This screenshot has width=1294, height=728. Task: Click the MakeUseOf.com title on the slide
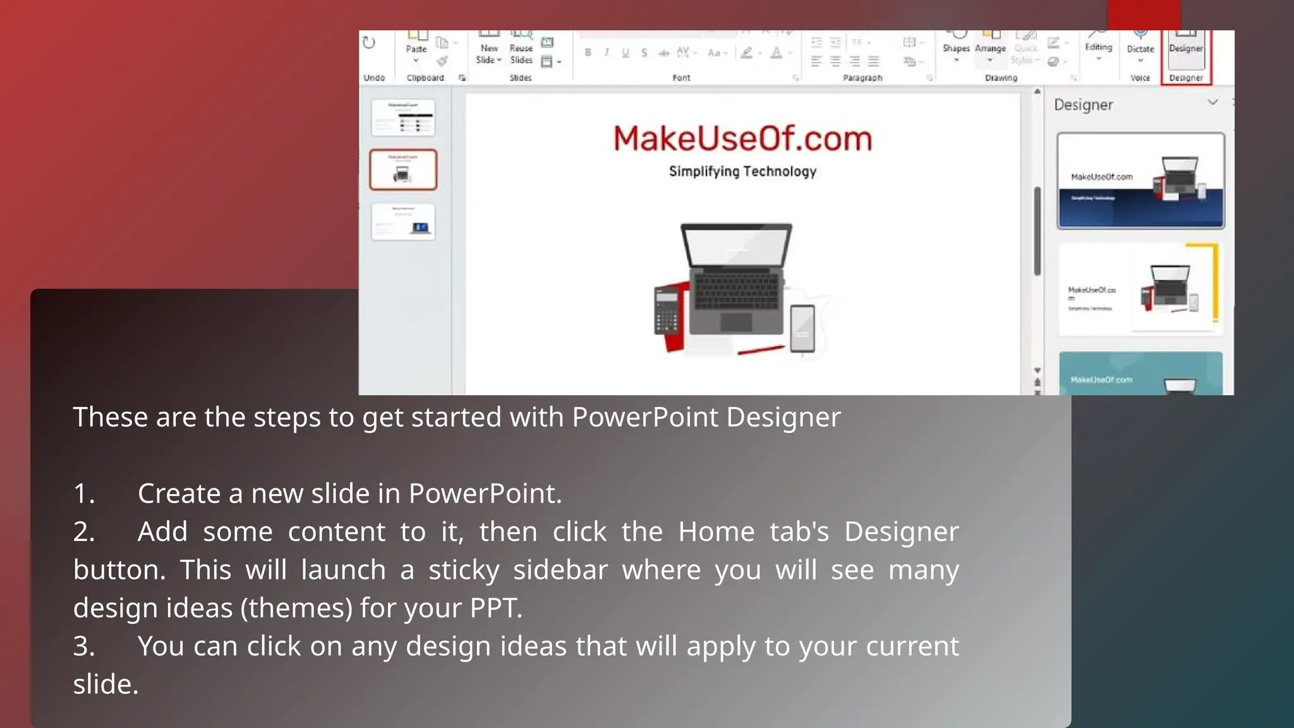[x=742, y=138]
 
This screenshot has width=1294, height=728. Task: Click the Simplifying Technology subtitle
[x=742, y=171]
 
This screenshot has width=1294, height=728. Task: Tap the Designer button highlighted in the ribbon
[x=1185, y=51]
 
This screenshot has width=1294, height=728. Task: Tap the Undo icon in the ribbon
[x=369, y=43]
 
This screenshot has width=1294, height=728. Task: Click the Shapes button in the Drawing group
[x=955, y=45]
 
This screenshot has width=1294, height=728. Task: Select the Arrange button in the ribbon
[x=989, y=45]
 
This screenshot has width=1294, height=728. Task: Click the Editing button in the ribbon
[x=1098, y=45]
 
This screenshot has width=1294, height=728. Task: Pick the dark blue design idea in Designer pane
[x=1140, y=181]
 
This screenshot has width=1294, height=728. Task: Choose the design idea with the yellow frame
[x=1140, y=289]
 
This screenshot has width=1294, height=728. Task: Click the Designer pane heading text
[x=1083, y=105]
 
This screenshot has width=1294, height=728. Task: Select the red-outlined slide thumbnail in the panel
[x=403, y=169]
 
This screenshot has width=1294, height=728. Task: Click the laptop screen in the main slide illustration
[x=736, y=246]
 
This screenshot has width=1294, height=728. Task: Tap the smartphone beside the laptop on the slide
[x=802, y=327]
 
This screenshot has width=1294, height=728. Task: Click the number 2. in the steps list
[x=84, y=531]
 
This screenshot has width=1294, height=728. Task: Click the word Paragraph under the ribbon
[x=862, y=78]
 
